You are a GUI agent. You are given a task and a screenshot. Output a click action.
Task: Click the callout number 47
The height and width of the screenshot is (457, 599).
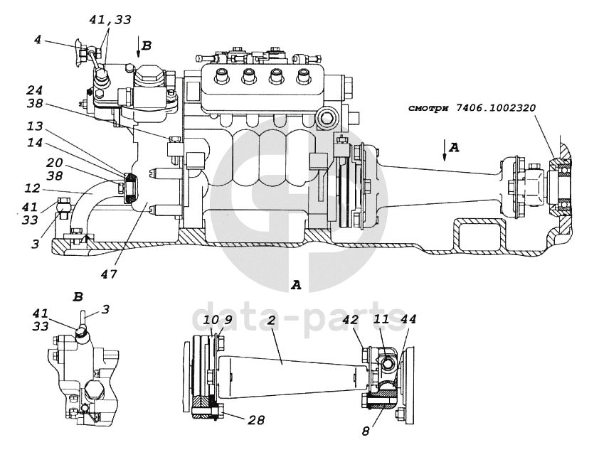(109, 274)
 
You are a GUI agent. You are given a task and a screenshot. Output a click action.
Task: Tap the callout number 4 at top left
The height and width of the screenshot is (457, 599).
(37, 40)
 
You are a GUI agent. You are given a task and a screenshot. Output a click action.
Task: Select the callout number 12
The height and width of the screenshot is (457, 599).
(32, 188)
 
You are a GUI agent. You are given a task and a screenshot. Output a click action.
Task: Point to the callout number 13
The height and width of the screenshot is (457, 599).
(35, 126)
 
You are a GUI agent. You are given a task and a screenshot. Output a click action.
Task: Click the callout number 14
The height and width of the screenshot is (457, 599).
(35, 143)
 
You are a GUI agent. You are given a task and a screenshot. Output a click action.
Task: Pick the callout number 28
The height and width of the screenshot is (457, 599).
(256, 420)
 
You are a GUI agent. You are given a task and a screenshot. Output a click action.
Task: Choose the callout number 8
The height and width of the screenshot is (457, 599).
(366, 432)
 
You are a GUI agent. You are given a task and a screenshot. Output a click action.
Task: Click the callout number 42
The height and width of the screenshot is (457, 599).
(352, 320)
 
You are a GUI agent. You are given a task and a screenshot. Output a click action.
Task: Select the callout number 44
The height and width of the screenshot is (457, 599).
(408, 320)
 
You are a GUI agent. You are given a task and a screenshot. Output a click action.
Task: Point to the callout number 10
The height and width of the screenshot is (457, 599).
(211, 320)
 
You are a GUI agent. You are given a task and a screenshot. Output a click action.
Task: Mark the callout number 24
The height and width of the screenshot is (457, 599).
(35, 90)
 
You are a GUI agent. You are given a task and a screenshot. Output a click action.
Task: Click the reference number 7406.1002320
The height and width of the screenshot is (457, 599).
(495, 108)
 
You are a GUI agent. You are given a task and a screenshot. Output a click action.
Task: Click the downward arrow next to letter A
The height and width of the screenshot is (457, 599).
(444, 151)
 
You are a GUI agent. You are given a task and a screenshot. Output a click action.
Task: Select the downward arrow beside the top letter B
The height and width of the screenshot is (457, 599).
(139, 47)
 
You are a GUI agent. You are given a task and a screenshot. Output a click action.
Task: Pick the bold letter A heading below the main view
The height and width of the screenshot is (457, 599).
(296, 285)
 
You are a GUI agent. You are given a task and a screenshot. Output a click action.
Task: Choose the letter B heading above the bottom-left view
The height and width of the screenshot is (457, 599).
(78, 297)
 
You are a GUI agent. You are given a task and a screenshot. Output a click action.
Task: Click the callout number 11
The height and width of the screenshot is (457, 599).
(380, 320)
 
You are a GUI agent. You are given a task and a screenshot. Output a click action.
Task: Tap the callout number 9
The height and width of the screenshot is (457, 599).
(228, 320)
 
